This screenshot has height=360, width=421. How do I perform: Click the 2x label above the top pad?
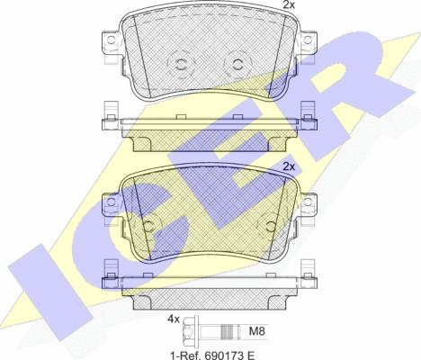click(289, 4)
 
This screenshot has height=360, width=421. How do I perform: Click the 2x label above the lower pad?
click(289, 166)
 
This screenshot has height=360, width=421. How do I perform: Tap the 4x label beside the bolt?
click(173, 319)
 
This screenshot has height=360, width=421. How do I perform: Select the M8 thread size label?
click(257, 331)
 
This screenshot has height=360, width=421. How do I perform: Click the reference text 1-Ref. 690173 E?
click(212, 355)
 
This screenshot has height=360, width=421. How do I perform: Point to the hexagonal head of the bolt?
click(189, 332)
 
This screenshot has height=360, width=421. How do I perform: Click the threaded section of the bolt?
click(230, 331)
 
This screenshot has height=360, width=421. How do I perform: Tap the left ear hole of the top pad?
click(111, 40)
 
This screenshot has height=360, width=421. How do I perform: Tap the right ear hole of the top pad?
click(308, 40)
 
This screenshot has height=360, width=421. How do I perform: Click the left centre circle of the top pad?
click(181, 64)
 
